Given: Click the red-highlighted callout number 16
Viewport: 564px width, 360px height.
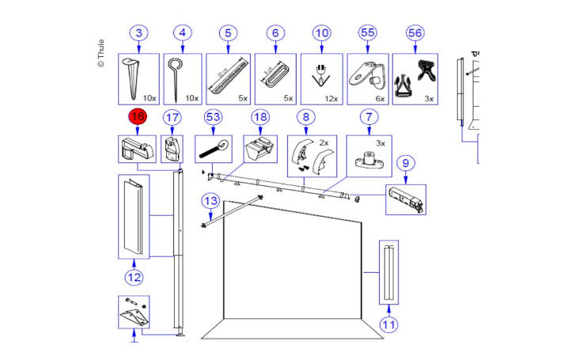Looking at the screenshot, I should click(138, 117).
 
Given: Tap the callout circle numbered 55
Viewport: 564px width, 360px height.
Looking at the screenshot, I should click(368, 33).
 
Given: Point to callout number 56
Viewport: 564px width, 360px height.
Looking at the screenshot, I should click(414, 33).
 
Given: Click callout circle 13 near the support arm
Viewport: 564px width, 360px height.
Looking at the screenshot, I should click(209, 201).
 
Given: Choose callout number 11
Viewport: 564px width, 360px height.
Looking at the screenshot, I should click(388, 324).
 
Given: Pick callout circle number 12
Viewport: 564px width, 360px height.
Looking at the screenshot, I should click(133, 277).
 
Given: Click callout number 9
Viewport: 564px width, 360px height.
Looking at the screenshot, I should click(405, 164).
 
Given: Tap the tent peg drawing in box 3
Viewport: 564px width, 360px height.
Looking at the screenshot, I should click(131, 78).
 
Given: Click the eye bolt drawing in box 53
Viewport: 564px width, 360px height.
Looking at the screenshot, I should click(213, 149).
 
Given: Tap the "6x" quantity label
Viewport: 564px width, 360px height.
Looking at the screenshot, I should click(379, 99).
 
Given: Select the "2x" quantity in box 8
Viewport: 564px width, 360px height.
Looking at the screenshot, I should click(322, 142).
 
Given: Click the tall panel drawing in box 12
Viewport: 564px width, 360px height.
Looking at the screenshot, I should click(132, 218).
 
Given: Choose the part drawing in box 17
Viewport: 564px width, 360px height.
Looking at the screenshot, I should click(172, 148).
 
